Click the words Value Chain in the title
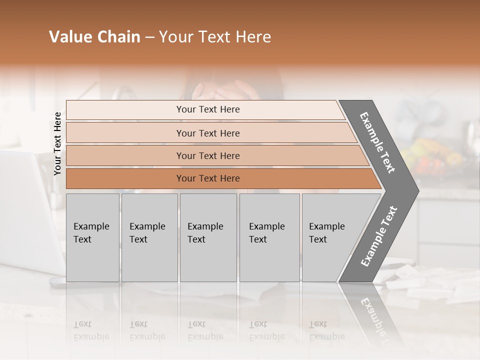(x=94, y=37)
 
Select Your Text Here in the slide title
(x=215, y=37)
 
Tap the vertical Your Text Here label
(x=57, y=143)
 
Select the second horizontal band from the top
(x=208, y=133)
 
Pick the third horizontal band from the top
(x=208, y=155)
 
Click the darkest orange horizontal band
(x=208, y=178)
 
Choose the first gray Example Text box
(x=92, y=237)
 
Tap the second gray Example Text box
(x=149, y=237)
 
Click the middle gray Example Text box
(x=208, y=237)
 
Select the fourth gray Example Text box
(x=269, y=237)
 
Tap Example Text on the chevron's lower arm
(x=379, y=236)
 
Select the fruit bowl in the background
(x=430, y=155)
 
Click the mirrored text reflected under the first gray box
(x=91, y=330)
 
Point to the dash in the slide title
(x=149, y=37)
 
